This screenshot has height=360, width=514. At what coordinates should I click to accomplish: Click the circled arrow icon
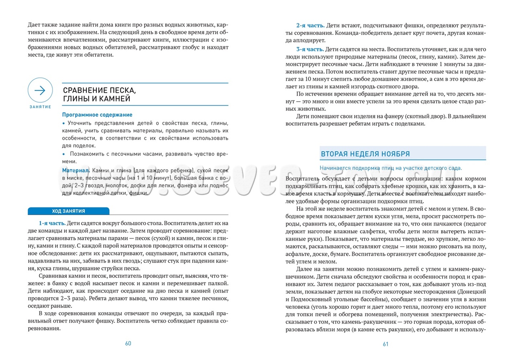40,90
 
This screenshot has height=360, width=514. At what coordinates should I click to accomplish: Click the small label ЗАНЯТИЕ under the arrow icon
40,107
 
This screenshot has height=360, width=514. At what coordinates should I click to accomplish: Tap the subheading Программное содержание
97,115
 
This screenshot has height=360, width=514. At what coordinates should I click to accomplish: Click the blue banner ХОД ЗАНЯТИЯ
68,211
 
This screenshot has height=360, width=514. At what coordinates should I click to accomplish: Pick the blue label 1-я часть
52,223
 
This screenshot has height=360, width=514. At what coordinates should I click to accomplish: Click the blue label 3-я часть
310,49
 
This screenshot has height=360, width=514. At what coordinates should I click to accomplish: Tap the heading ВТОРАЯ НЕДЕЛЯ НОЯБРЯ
365,154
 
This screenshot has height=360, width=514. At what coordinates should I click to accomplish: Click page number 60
128,343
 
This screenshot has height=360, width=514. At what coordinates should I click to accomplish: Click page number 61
385,344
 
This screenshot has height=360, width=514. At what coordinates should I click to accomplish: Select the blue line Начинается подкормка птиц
391,168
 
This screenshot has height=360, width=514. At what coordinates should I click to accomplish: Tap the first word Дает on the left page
35,25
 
